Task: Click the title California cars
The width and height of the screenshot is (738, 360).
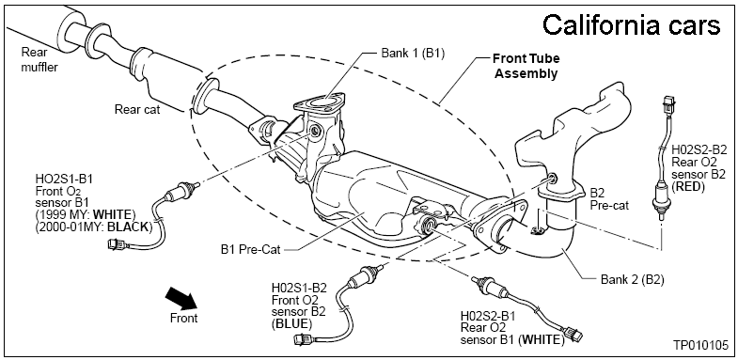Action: (x=631, y=25)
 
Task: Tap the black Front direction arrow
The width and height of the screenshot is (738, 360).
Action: (x=181, y=299)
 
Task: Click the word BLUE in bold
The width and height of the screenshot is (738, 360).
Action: (x=291, y=323)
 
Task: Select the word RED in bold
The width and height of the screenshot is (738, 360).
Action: (x=687, y=187)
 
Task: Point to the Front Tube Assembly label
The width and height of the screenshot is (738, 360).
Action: (x=526, y=67)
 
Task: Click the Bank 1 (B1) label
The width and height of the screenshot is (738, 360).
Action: (x=413, y=53)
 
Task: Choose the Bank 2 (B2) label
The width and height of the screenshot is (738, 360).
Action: (x=632, y=279)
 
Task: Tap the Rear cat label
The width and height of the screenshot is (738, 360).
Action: (x=137, y=110)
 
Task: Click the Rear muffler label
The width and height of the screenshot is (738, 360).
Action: (x=39, y=59)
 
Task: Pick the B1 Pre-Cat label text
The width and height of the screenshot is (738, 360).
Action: (x=250, y=249)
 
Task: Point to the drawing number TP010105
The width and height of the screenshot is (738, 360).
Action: (x=699, y=345)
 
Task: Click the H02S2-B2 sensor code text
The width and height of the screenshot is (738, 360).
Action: (x=699, y=150)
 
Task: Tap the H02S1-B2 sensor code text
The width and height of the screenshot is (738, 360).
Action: (x=299, y=288)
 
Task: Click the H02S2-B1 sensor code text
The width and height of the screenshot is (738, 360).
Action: (x=488, y=316)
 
